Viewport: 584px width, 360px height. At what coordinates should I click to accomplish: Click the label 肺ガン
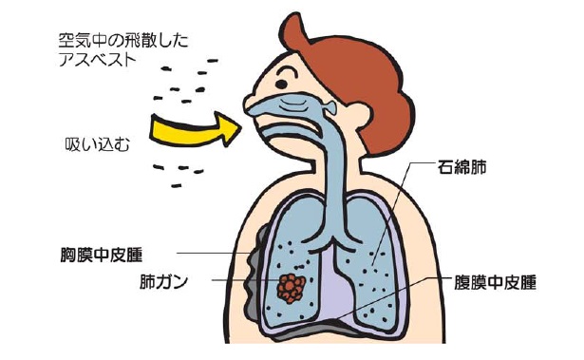pos(162,282)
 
